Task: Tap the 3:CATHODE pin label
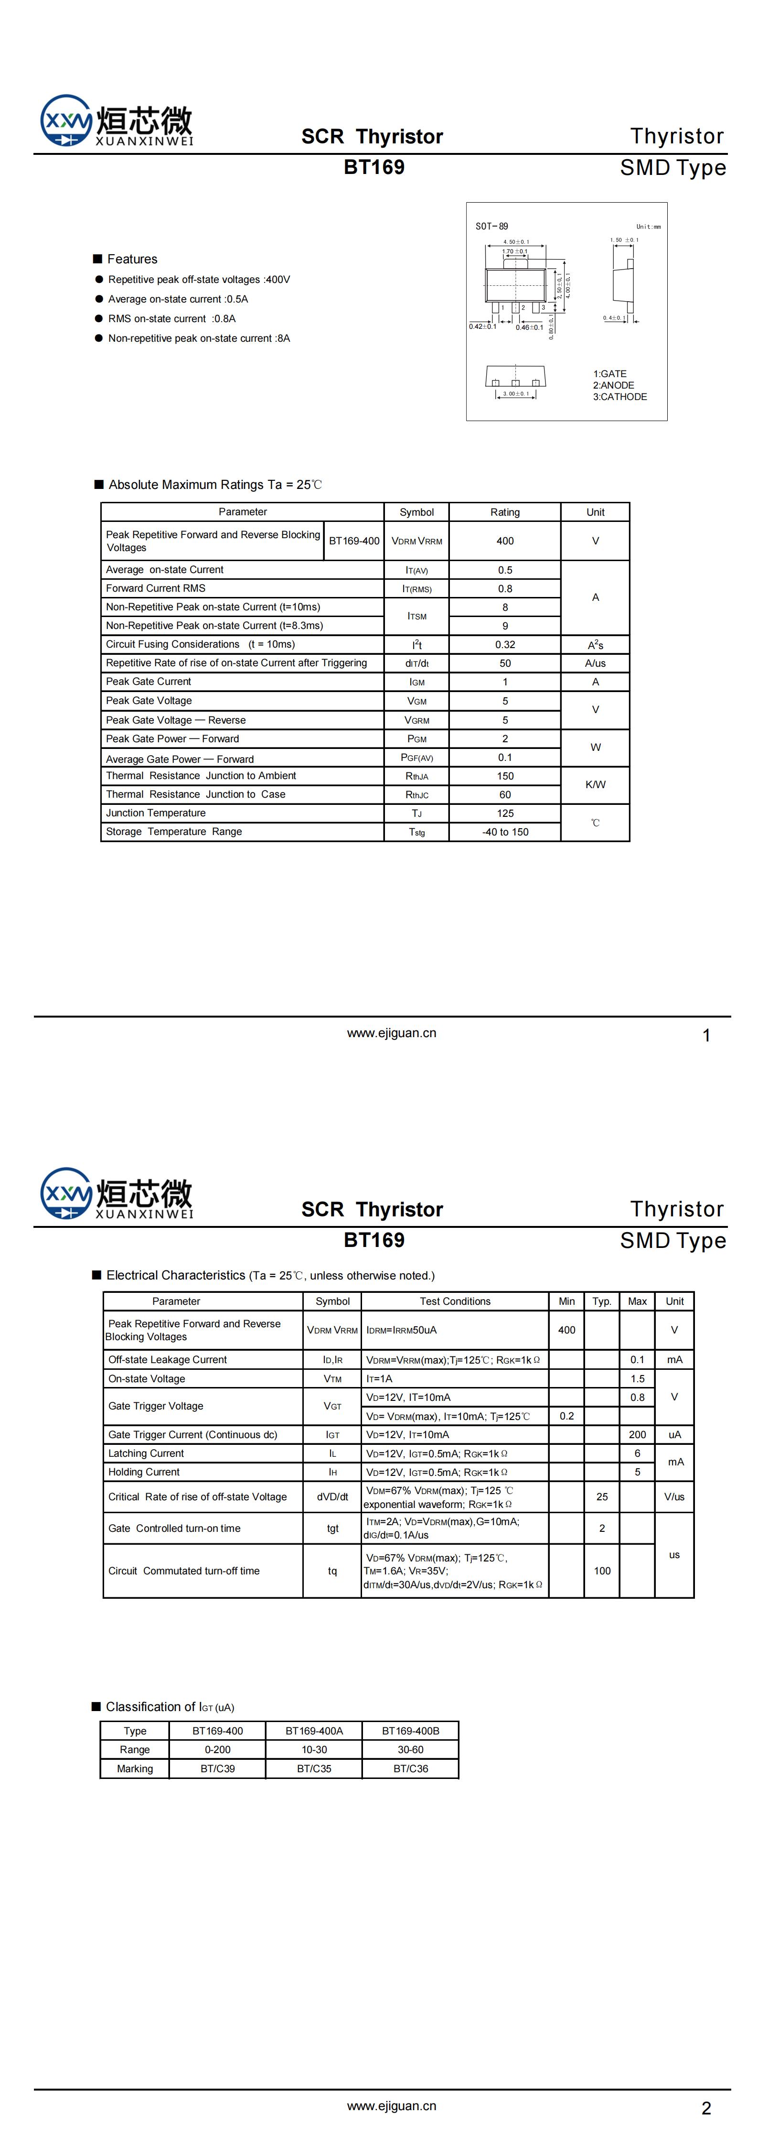click(620, 397)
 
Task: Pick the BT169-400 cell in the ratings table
click(354, 541)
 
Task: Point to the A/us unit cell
click(595, 663)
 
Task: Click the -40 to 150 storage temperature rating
click(505, 832)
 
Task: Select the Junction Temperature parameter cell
click(156, 813)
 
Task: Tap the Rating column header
click(505, 512)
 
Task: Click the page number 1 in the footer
click(706, 1036)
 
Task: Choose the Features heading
click(132, 259)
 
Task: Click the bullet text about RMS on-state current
click(171, 318)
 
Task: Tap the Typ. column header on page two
click(601, 1301)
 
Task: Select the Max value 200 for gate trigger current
click(637, 1434)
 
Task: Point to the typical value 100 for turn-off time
click(601, 1571)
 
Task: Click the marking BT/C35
click(314, 1768)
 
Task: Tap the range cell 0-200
click(217, 1749)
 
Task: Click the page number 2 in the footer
click(706, 2109)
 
